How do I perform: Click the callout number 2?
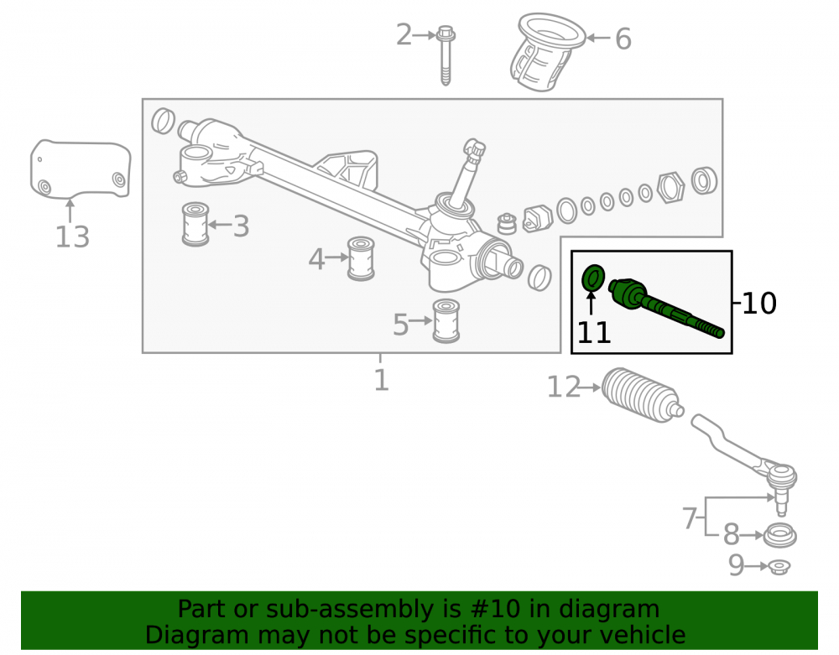coord(404,34)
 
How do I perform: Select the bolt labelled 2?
coord(446,55)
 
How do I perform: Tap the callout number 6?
coord(623,39)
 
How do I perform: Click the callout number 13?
coord(72,237)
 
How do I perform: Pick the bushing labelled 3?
coord(195,224)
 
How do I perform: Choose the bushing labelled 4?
coord(361,258)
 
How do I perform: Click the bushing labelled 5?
coord(446,321)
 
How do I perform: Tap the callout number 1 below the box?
coord(381,380)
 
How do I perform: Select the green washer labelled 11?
coord(593,278)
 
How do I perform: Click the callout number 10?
coord(759,303)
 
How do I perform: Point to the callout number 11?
coord(594,333)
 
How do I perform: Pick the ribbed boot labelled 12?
coord(642,396)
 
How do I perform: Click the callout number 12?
coord(564,387)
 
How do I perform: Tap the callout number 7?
coord(690,517)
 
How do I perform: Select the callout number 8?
coord(732,534)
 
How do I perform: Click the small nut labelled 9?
coord(779,566)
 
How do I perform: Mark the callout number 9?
coord(737,565)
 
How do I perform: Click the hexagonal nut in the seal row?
coord(670,188)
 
